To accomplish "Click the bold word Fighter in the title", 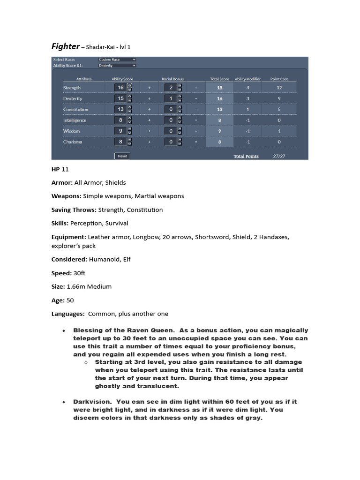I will [x=65, y=46].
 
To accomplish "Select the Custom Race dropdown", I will [x=117, y=60].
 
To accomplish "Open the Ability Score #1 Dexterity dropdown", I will [x=117, y=66].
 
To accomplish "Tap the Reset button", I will [x=122, y=156].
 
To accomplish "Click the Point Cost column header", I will [x=279, y=79].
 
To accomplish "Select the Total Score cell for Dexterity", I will [x=219, y=99].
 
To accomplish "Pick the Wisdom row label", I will [x=72, y=131].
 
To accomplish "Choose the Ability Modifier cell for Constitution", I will [x=247, y=109].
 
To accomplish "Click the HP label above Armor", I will [x=56, y=169].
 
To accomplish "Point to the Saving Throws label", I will [x=74, y=210].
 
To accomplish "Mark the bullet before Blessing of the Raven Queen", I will [x=64, y=331].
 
